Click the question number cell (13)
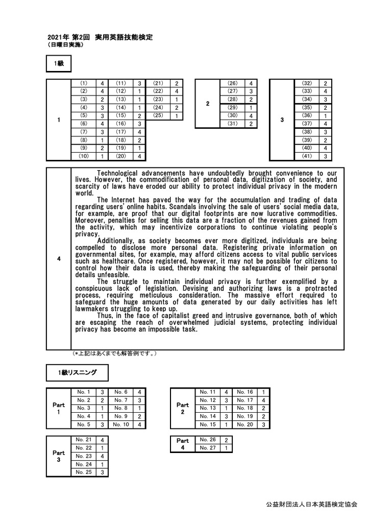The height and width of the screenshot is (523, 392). [121, 99]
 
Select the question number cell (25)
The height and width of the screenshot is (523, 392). [158, 115]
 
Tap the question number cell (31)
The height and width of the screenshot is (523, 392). [232, 124]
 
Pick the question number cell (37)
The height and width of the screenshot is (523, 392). [307, 124]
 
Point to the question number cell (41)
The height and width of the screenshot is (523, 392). [307, 156]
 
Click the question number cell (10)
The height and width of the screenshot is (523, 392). [84, 156]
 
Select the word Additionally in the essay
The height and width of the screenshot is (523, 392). [119, 240]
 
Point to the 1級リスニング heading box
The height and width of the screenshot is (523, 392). [77, 373]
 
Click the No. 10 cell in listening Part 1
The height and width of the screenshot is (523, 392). [121, 424]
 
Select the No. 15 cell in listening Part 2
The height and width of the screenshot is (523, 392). [209, 424]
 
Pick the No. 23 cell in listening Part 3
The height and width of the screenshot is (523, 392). [84, 456]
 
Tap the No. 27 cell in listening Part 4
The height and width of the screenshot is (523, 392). [207, 448]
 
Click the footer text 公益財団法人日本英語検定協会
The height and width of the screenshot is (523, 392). [312, 504]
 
